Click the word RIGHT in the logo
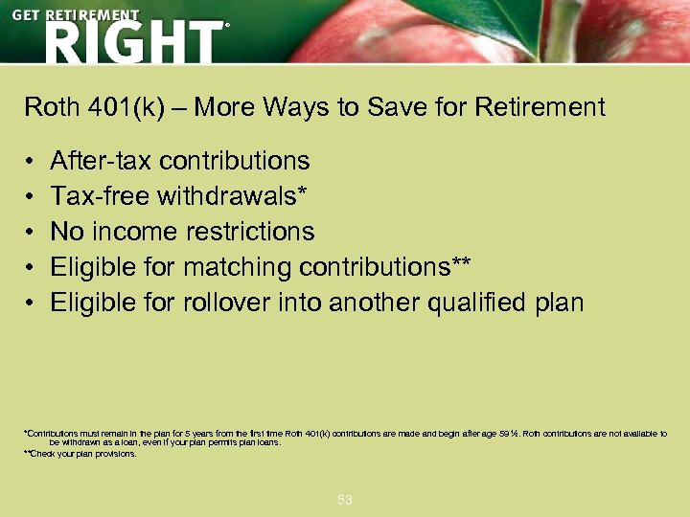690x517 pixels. click(x=131, y=42)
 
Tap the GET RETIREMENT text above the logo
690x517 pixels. click(x=75, y=16)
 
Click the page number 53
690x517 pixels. click(x=345, y=500)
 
